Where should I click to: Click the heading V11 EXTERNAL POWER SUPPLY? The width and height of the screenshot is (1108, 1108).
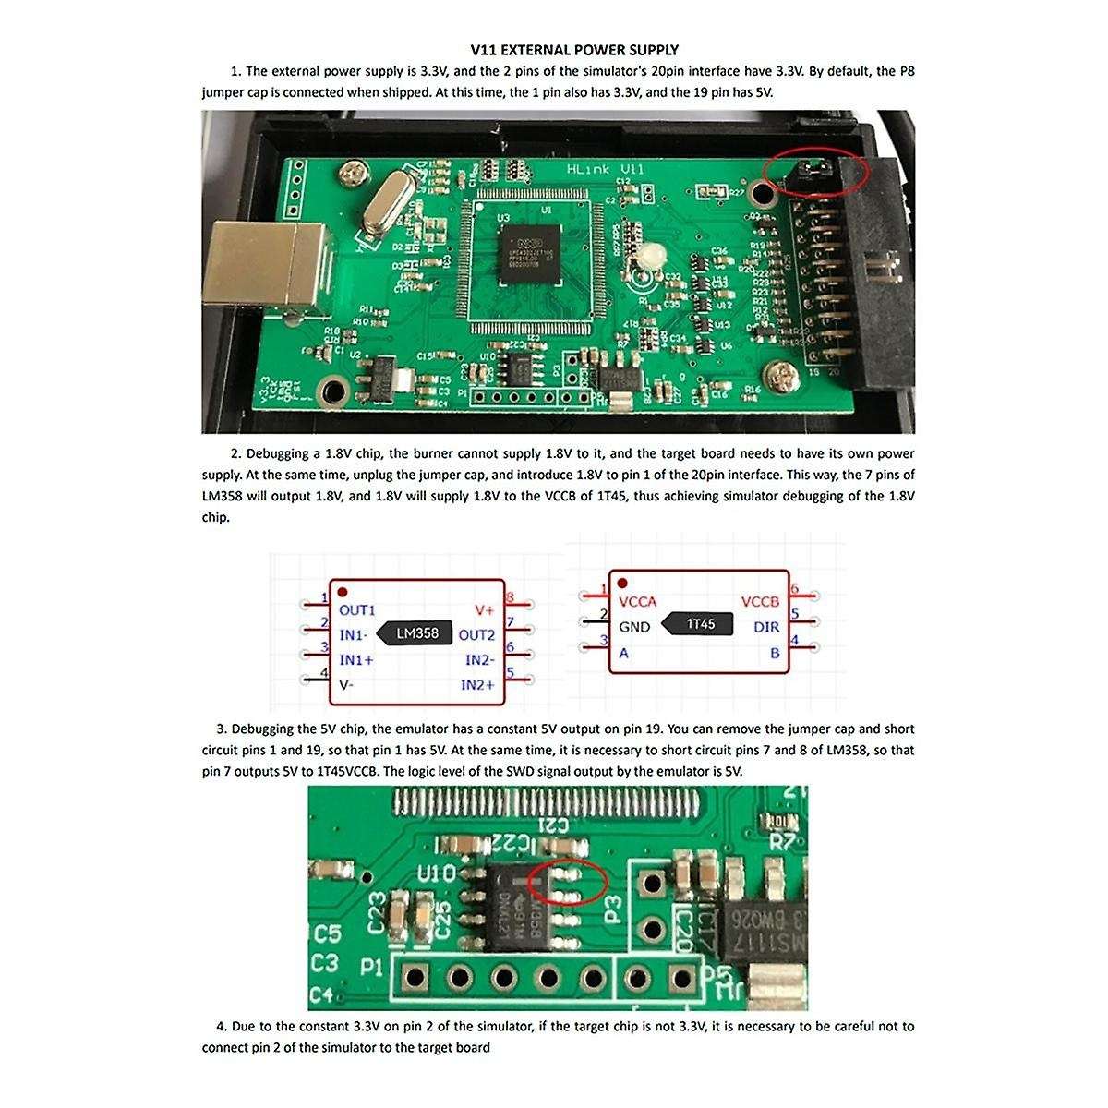click(574, 50)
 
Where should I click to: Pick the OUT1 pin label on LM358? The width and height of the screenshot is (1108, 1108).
click(357, 610)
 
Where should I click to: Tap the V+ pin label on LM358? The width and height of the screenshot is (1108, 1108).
click(484, 610)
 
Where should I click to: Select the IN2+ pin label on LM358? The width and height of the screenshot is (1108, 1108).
click(477, 684)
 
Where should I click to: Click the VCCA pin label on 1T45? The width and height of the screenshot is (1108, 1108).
click(638, 602)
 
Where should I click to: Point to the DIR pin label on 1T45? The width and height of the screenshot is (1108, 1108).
click(766, 627)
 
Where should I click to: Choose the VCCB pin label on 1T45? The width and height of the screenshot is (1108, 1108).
click(760, 602)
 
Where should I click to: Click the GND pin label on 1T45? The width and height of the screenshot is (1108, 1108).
click(634, 627)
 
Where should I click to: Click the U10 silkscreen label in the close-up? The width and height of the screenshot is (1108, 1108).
click(437, 873)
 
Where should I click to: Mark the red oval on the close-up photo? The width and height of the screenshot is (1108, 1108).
click(567, 883)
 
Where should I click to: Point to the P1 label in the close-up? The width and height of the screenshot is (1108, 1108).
click(371, 968)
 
